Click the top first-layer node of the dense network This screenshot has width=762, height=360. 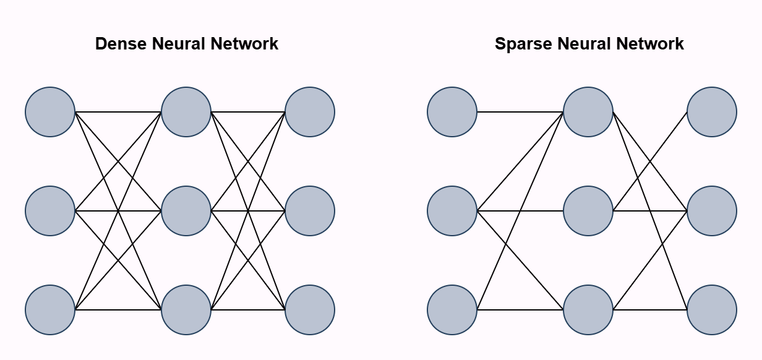tap(50, 112)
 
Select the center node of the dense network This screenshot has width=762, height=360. tap(186, 211)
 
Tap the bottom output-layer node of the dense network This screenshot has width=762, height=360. tap(310, 310)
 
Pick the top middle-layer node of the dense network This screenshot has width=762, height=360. tap(186, 112)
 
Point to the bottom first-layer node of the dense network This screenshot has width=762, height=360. tap(50, 310)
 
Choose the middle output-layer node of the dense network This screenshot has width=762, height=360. tap(310, 211)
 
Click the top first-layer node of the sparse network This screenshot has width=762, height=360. tap(452, 112)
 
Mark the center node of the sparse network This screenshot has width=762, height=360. tap(588, 211)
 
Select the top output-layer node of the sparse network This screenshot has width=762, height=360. tap(712, 112)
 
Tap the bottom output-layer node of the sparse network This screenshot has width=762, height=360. tap(712, 310)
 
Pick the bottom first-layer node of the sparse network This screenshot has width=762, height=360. tap(452, 310)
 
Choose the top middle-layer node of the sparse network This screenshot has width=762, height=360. tap(588, 112)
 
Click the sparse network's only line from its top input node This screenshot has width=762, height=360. tap(520, 112)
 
